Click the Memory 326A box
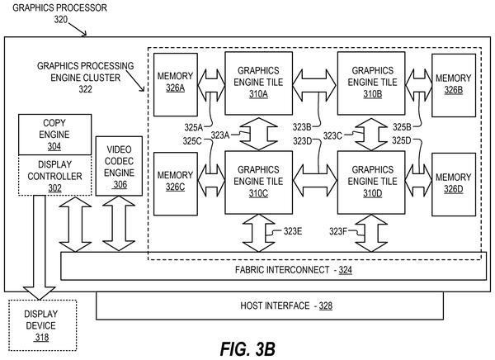point(176,85)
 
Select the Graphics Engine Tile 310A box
point(258,83)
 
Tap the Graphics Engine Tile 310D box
point(371,182)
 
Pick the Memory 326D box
point(454,185)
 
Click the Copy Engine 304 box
point(55,135)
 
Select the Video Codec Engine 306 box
point(119,166)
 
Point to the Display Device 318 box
point(42,325)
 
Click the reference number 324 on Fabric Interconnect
point(346,270)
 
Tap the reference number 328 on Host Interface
point(326,306)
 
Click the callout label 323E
point(293,231)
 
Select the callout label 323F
point(338,232)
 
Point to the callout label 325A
point(194,127)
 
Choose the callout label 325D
point(402,140)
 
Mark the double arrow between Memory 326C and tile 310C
point(211,181)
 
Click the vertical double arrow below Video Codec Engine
point(119,224)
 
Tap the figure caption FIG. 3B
point(247,349)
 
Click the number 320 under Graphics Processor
point(61,20)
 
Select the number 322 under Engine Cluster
point(86,89)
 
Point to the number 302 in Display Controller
point(54,188)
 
